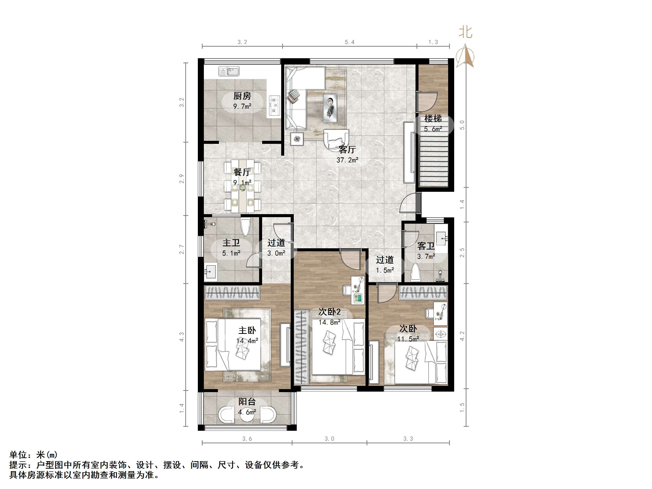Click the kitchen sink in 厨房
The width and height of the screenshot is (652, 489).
[229, 71]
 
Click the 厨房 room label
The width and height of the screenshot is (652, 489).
[242, 96]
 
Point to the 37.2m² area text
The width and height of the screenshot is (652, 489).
[347, 160]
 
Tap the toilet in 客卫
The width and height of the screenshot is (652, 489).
[416, 272]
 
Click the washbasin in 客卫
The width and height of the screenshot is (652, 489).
[441, 238]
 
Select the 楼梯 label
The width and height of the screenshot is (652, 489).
[433, 118]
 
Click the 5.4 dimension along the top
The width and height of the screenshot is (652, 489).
[349, 42]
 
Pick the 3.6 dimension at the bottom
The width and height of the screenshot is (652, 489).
[247, 439]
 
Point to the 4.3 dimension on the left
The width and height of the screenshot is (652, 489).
[182, 337]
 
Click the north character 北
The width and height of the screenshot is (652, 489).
[465, 32]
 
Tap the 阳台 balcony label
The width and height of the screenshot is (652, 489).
[247, 401]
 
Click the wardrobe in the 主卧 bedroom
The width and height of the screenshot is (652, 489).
[232, 293]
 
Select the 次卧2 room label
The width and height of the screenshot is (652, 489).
[330, 312]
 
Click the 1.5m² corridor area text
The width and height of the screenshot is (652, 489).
[385, 270]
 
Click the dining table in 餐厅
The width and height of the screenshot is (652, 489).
[242, 186]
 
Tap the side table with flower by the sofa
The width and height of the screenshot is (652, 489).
[297, 139]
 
